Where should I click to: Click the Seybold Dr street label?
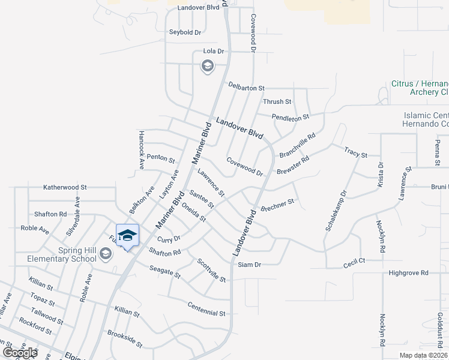(x=184, y=32)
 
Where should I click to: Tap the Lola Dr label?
(x=213, y=52)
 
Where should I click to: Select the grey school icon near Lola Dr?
(x=207, y=66)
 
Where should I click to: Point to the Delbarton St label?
(x=246, y=88)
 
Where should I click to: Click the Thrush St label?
(x=277, y=102)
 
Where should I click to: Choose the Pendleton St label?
(x=290, y=116)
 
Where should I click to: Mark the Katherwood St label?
(x=65, y=187)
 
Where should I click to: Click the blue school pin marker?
(x=127, y=236)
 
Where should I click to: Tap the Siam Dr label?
(x=249, y=265)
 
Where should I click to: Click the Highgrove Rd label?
(x=408, y=272)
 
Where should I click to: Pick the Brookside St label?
(x=125, y=339)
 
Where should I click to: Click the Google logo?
(x=20, y=353)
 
